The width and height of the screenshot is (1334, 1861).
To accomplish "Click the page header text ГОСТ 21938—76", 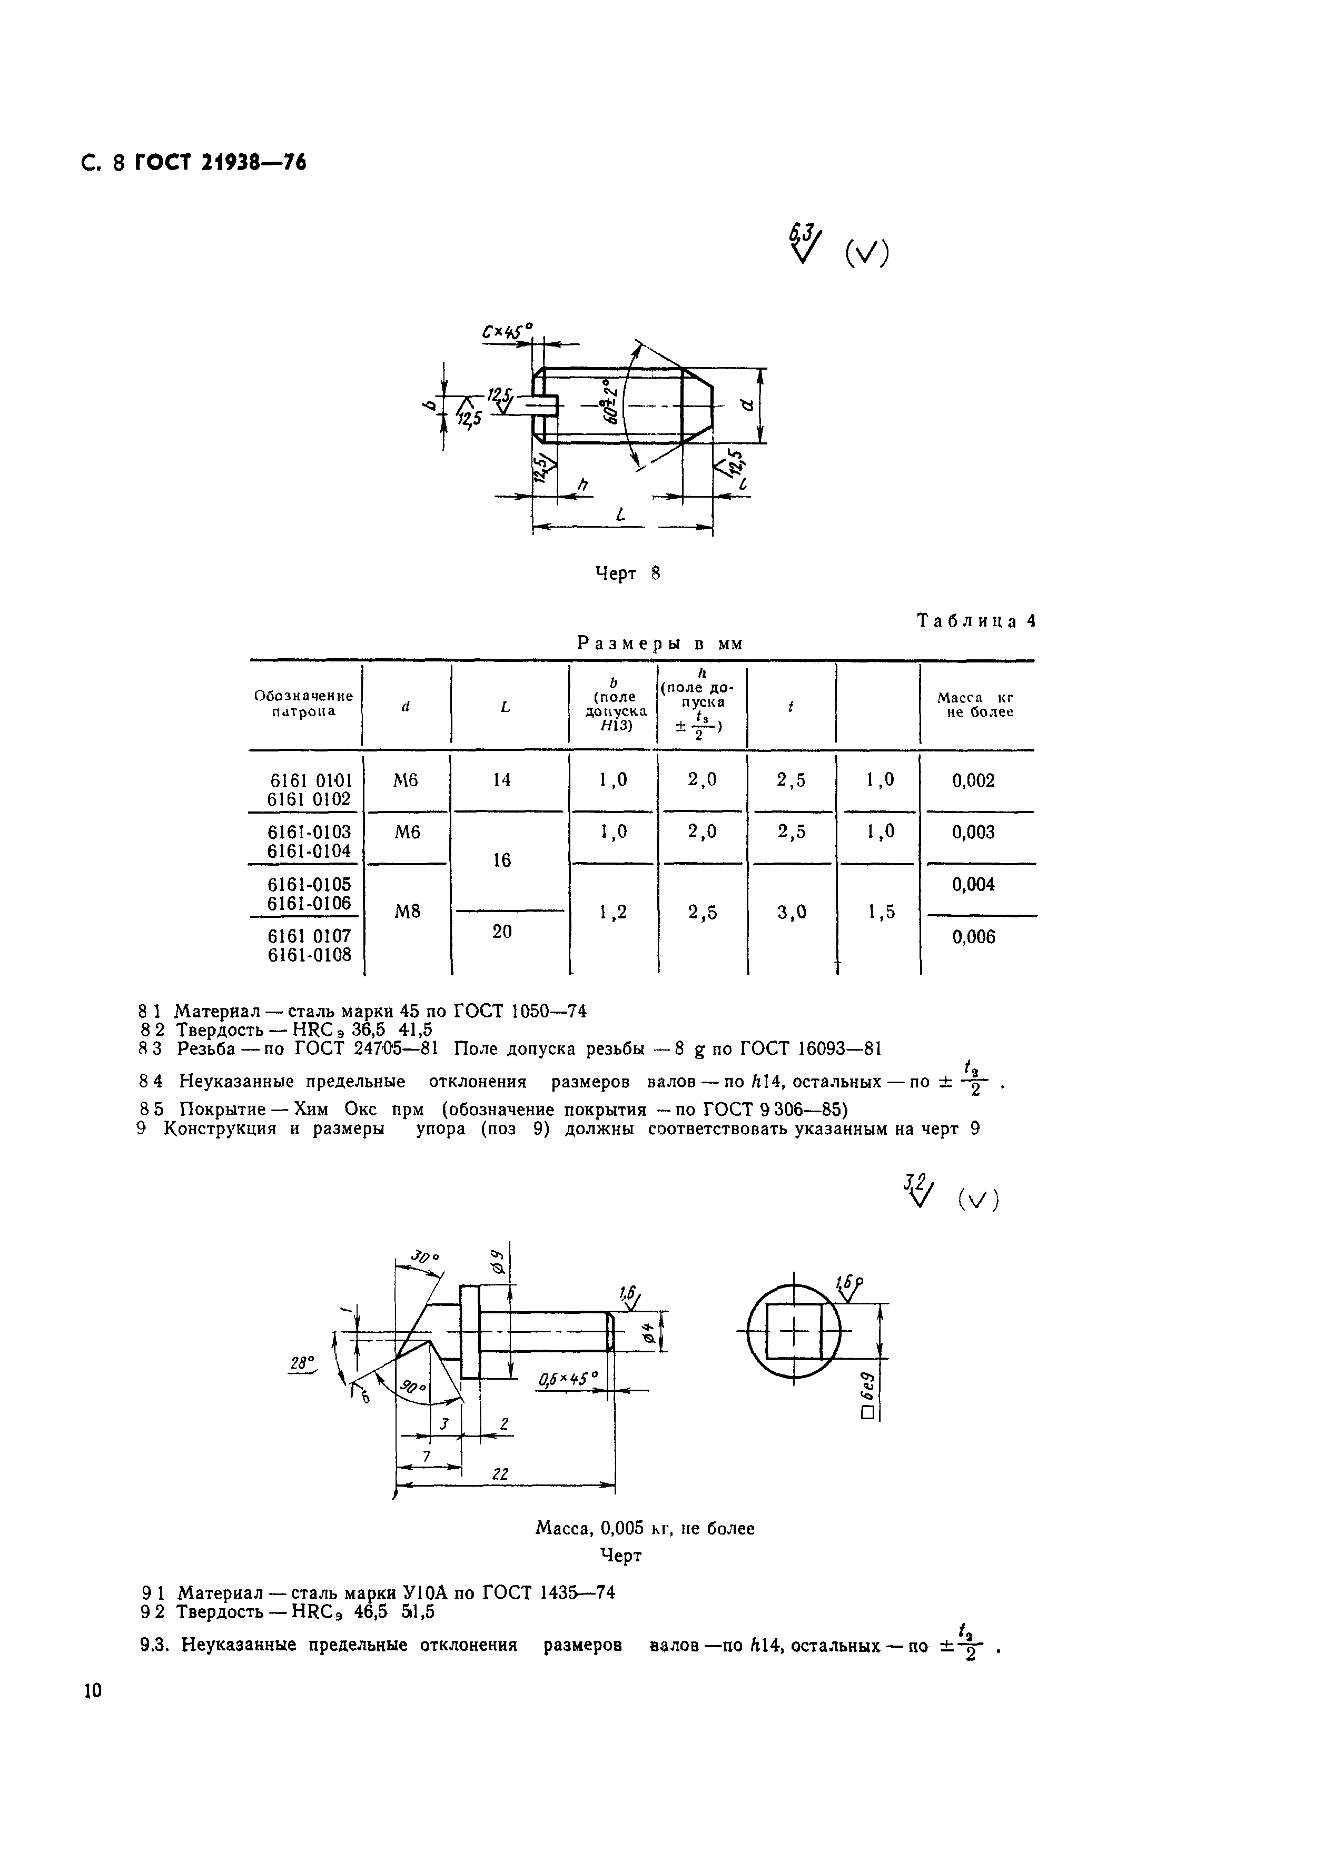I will (220, 163).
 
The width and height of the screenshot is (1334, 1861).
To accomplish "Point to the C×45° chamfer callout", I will (506, 332).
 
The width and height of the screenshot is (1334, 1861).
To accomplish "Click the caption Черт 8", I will (627, 573).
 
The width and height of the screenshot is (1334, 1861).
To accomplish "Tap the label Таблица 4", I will (975, 621).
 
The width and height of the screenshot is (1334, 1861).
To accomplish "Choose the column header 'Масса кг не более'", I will (975, 705).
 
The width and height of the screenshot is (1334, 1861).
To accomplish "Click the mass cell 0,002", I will (973, 780).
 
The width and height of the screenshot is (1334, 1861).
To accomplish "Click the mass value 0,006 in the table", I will (973, 937).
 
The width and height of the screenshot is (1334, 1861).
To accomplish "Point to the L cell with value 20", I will (501, 932).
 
